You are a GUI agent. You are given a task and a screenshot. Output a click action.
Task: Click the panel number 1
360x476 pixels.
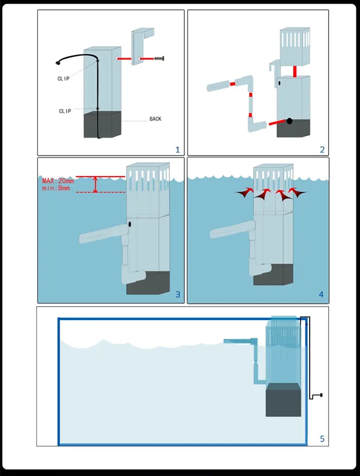[x=178, y=150]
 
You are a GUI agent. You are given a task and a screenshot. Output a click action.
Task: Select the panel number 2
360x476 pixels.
[x=322, y=150]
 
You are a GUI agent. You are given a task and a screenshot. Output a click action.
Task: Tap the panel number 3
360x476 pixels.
[x=178, y=295]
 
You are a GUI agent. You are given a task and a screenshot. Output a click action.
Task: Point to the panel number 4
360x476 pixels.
[x=321, y=295]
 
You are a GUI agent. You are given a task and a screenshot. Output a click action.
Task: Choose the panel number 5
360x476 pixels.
[x=322, y=439]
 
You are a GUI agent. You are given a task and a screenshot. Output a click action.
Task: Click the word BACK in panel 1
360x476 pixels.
[x=155, y=119]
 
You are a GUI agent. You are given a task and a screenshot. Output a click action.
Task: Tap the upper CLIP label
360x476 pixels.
[x=63, y=79]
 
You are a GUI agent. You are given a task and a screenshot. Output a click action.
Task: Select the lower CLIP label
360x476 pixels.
[x=65, y=111]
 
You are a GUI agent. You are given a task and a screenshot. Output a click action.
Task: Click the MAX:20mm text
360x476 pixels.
[x=58, y=181]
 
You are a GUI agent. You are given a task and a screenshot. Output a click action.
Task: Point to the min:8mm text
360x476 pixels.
[x=56, y=188]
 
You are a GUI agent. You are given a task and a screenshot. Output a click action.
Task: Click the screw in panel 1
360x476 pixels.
[x=159, y=58]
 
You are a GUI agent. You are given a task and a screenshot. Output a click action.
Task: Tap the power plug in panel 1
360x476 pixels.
[x=58, y=63]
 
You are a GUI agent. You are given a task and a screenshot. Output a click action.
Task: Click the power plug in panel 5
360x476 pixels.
[x=321, y=395]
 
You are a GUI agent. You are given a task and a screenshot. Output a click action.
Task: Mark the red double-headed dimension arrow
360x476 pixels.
[x=96, y=185]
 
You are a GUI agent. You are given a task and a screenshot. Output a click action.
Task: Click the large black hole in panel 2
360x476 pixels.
[x=289, y=121]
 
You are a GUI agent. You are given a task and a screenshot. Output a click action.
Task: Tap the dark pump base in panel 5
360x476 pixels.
[x=284, y=400]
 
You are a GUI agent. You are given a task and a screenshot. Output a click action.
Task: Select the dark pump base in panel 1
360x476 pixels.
[x=102, y=125]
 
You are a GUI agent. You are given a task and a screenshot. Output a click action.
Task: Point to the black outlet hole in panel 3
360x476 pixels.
[x=130, y=225]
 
